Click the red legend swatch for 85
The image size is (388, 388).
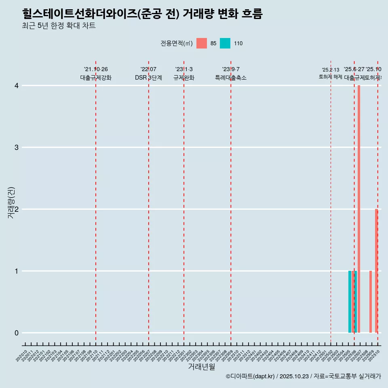(x=202, y=43)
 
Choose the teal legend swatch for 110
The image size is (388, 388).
(x=225, y=43)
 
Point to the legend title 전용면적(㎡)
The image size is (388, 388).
(x=177, y=44)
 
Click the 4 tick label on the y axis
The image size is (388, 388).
(x=17, y=86)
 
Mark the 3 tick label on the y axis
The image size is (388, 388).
(x=17, y=148)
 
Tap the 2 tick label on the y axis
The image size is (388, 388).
(x=17, y=209)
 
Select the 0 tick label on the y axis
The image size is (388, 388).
(x=17, y=333)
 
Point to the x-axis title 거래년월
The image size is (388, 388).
(x=201, y=367)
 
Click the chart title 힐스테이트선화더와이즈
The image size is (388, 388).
(x=142, y=14)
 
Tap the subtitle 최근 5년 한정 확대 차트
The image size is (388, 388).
(x=59, y=26)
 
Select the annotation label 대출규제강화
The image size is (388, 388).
(x=96, y=78)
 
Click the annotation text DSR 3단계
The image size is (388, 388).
(x=149, y=78)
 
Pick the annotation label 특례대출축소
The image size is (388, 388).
(x=231, y=78)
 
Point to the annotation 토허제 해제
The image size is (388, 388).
(x=331, y=77)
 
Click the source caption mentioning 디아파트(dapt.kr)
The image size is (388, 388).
(x=303, y=376)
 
